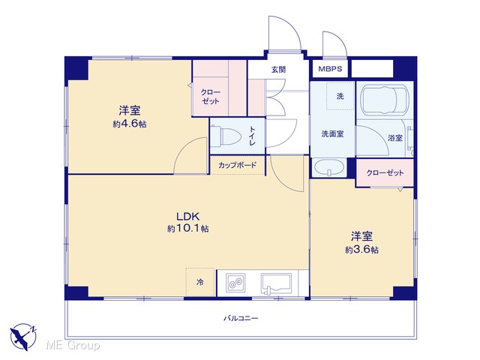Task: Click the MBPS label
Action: (x=330, y=68)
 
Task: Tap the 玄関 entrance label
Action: (x=278, y=70)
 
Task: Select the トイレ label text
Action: (x=252, y=136)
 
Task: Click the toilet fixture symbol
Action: (x=226, y=136)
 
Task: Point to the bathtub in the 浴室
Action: (x=385, y=100)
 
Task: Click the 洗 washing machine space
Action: (x=340, y=96)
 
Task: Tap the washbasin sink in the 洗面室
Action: (x=329, y=167)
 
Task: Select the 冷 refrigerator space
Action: (x=200, y=282)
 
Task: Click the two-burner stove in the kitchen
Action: (x=235, y=282)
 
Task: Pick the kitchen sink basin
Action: (x=276, y=283)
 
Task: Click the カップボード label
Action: (x=237, y=165)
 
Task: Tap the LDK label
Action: (x=188, y=217)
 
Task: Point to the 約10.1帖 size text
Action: (x=188, y=229)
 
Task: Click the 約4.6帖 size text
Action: (x=130, y=124)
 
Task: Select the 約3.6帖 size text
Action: (x=361, y=250)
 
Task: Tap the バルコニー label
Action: (x=241, y=318)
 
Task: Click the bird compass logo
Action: (x=23, y=337)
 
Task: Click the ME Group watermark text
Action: (x=73, y=345)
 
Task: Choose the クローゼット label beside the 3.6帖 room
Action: (x=385, y=173)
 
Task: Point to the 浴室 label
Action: (x=395, y=138)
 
